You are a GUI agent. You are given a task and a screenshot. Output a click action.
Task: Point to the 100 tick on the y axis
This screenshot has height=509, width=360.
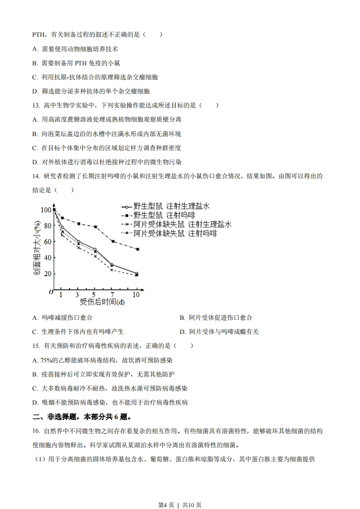[46, 210]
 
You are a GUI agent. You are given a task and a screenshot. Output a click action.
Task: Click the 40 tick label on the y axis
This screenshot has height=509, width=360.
[47, 258]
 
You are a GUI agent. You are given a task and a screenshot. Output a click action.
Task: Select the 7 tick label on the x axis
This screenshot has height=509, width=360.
[112, 294]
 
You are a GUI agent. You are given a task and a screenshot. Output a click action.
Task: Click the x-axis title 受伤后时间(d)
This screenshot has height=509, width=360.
[102, 302]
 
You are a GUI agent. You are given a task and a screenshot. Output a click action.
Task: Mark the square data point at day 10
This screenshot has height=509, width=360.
[137, 249]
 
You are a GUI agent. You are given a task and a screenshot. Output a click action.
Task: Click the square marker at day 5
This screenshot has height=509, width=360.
[95, 227]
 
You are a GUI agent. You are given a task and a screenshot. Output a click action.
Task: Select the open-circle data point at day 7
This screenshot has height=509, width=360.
[112, 265]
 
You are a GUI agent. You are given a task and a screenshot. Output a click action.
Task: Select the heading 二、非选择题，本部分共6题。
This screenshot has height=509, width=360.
[82, 416]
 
